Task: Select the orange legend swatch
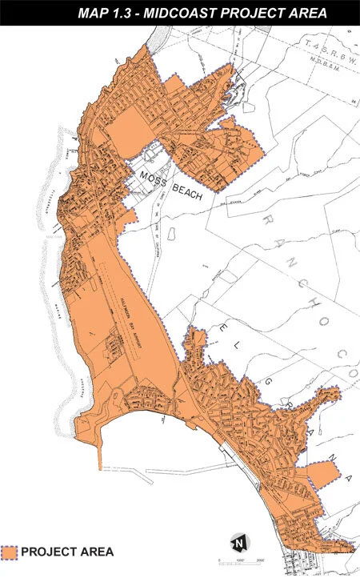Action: (x=10, y=552)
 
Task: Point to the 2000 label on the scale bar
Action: (x=260, y=560)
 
